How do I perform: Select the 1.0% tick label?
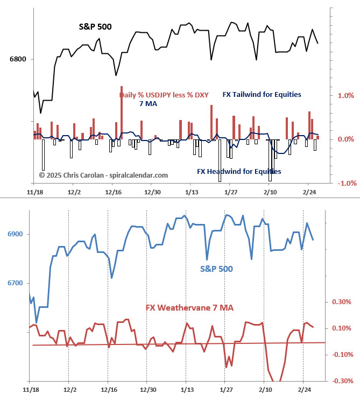(345, 95)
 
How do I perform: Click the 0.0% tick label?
(345, 139)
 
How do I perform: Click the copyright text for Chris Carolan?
(103, 175)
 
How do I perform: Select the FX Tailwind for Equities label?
(262, 95)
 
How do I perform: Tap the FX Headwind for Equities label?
(239, 172)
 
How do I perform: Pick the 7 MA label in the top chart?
(148, 103)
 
